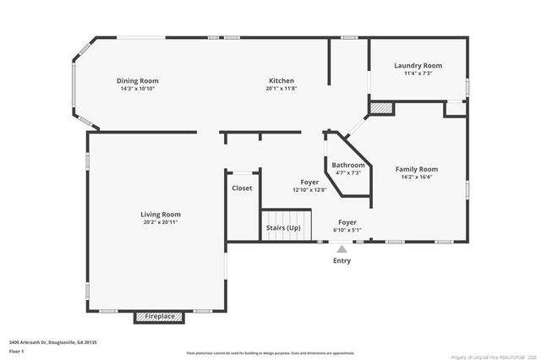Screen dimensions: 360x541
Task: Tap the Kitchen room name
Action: tap(281, 81)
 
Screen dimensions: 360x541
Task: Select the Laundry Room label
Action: tap(418, 66)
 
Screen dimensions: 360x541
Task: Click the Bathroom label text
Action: tap(347, 165)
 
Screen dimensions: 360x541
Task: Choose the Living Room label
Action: tap(161, 215)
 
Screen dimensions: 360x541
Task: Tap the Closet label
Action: tap(242, 188)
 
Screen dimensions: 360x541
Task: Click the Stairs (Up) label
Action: tap(283, 228)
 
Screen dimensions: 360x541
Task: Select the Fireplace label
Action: tap(160, 317)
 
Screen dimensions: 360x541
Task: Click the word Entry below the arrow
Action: tap(342, 261)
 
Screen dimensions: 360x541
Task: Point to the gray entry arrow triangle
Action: tap(342, 249)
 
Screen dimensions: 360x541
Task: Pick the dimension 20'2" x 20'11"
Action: tap(161, 222)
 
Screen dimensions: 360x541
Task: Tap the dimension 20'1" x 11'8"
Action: tap(281, 89)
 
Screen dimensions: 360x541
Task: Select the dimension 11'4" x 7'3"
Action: tap(418, 74)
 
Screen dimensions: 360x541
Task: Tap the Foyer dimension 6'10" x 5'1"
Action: tap(347, 230)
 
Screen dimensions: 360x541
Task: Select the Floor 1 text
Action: tap(17, 351)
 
